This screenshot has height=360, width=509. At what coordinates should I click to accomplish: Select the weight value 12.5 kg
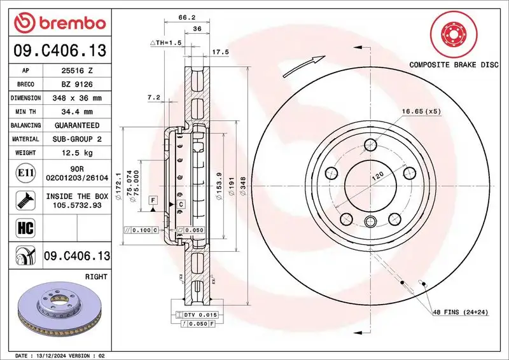pos(79,153)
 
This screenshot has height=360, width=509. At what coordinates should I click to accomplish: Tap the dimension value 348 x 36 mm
pos(79,98)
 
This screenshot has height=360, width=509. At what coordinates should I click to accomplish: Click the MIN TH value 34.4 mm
pos(79,111)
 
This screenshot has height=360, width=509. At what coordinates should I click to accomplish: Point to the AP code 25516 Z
pos(79,71)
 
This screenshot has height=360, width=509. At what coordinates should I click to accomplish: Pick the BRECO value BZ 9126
pos(79,84)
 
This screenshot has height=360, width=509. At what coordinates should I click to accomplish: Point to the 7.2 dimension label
pos(153,97)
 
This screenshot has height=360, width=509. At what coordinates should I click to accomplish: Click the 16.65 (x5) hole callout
pos(421,111)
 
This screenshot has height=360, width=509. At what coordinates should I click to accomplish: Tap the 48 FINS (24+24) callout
pos(459,312)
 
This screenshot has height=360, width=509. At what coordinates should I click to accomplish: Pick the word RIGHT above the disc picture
pos(97,277)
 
